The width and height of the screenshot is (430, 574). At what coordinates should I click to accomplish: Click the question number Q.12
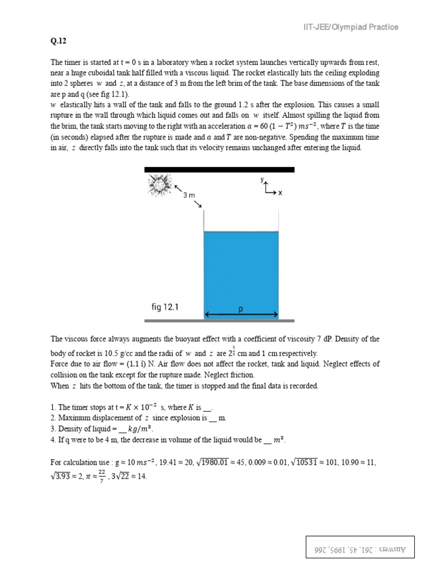[x=58, y=41]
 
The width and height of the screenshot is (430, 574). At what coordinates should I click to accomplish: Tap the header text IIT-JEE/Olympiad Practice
[x=351, y=27]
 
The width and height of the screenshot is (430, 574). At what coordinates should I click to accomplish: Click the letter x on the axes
[x=281, y=192]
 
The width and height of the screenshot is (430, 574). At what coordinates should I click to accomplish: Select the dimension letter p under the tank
[x=241, y=309]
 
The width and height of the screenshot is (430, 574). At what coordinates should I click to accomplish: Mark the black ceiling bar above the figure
[x=219, y=169]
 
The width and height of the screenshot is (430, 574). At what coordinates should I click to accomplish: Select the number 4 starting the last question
[x=53, y=440]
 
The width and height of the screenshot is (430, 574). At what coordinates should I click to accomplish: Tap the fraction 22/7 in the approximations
[x=101, y=475]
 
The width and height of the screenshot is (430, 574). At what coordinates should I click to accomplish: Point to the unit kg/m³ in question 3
[x=143, y=429]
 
